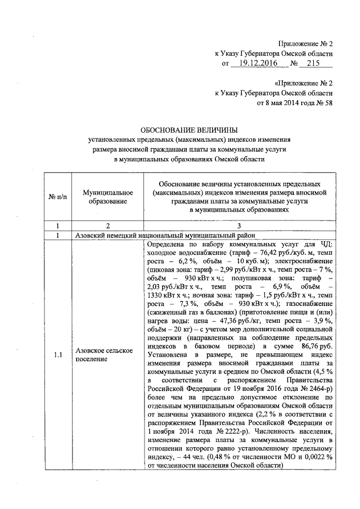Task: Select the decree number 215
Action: click(x=317, y=64)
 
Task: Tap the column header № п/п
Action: click(x=57, y=197)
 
